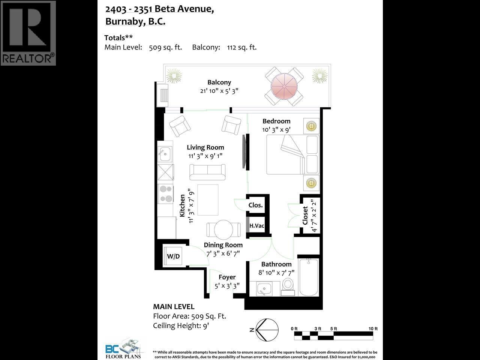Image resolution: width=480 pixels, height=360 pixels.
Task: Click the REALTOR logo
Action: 28,33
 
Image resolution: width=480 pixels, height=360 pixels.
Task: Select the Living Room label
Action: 205,147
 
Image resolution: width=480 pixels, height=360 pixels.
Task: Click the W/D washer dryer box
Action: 173,256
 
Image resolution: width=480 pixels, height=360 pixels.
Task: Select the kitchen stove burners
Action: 165,194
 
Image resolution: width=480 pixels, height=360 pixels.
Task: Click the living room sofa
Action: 207,172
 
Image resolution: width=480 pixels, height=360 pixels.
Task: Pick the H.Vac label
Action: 257,226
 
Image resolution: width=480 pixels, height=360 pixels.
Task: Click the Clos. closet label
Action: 255,205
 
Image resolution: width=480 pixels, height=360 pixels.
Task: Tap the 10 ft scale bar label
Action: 373,328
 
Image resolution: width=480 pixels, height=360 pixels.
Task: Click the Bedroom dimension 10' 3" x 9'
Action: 276,130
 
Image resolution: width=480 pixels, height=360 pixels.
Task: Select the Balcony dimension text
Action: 219,91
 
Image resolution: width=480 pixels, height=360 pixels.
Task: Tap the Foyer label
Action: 227,277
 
